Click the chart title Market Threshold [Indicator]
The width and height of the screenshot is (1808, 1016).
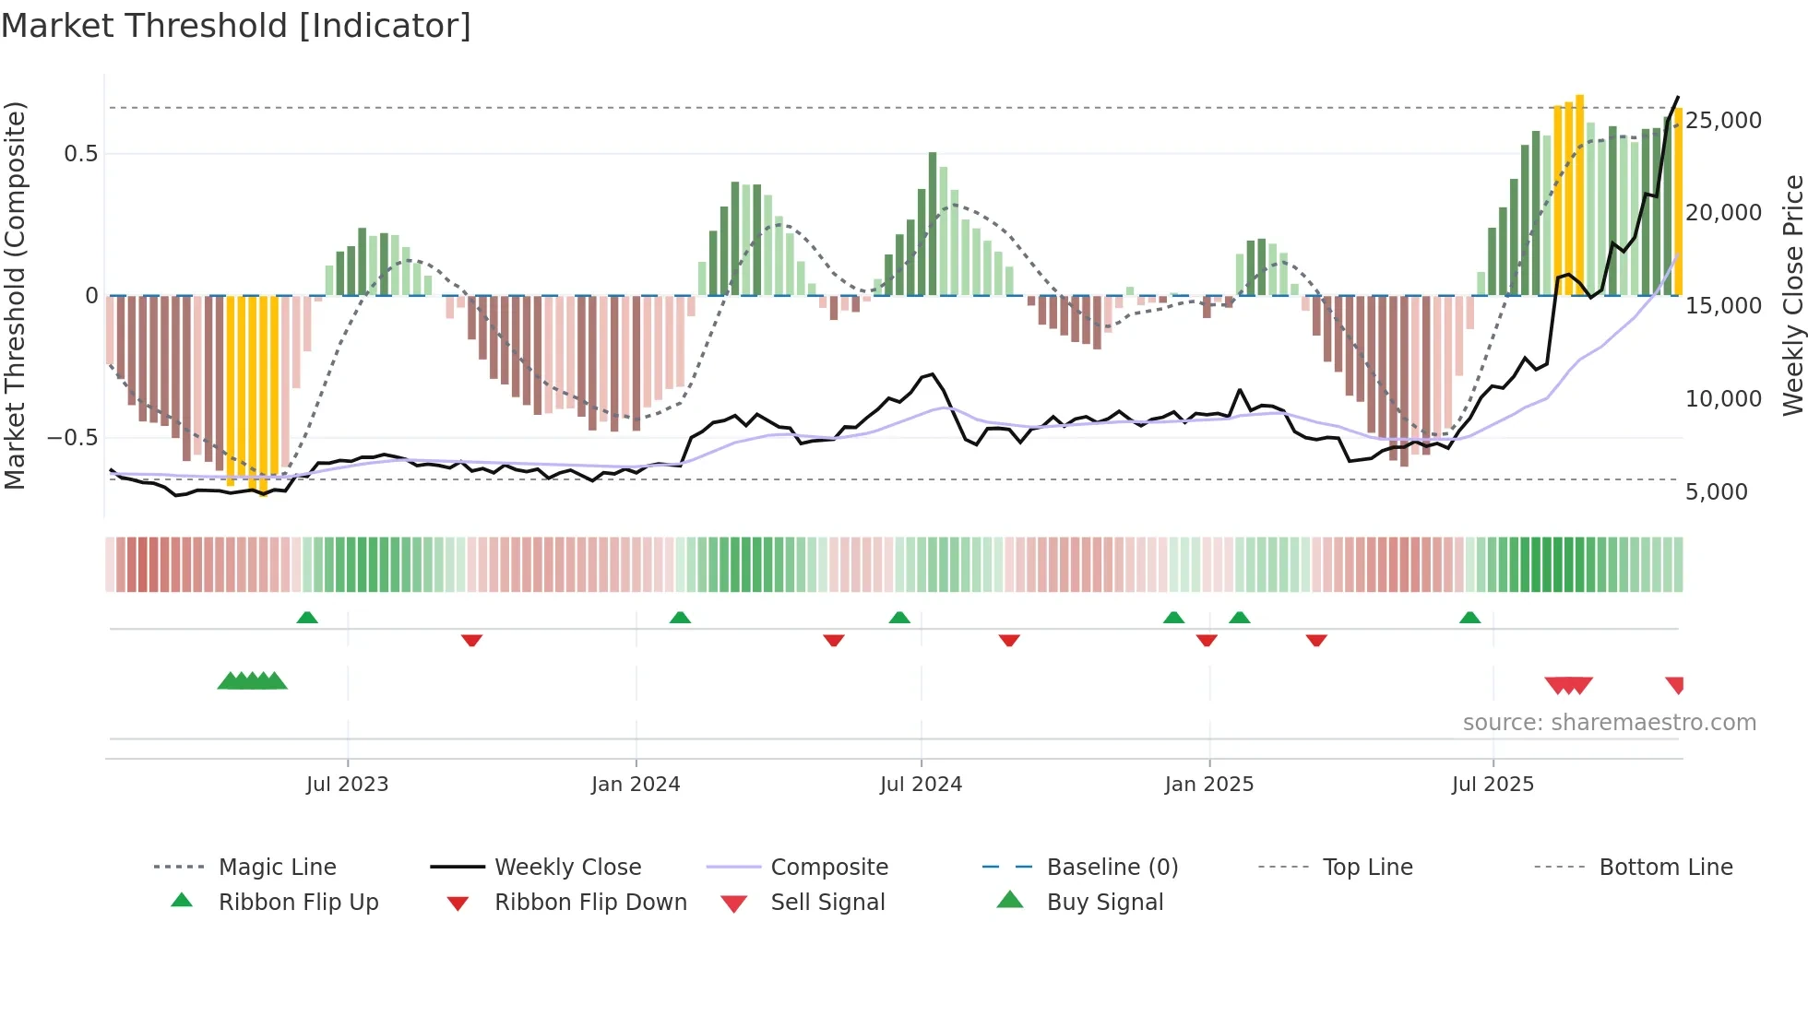click(236, 26)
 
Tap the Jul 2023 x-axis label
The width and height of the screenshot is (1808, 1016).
click(347, 785)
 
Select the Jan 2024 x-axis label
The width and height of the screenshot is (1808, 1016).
click(636, 785)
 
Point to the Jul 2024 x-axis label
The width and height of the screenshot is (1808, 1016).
click(921, 785)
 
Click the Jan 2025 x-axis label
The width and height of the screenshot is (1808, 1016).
click(1209, 785)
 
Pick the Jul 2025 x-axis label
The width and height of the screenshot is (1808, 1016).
click(1493, 785)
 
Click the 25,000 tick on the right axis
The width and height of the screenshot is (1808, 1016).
click(1723, 121)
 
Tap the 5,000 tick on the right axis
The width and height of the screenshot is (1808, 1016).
click(1717, 492)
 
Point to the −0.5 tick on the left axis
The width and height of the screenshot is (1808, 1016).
click(73, 438)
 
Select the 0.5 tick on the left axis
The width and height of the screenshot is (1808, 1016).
click(81, 154)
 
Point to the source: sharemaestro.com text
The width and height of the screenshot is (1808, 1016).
click(1609, 723)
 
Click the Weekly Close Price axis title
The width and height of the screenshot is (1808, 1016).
click(1792, 295)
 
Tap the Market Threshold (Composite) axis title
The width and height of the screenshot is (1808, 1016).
click(15, 295)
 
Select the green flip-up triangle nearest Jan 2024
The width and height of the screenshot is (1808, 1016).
click(680, 617)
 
